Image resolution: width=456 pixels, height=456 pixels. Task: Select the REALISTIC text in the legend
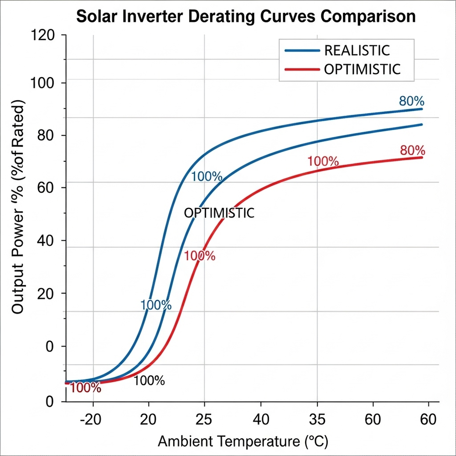pyautogui.click(x=357, y=50)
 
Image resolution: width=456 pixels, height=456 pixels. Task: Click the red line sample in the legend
pyautogui.click(x=301, y=69)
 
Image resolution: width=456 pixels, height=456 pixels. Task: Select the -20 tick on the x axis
pyautogui.click(x=93, y=419)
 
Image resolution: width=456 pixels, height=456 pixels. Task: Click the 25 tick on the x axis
pyautogui.click(x=204, y=419)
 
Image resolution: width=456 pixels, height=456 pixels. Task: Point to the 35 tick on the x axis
pyautogui.click(x=317, y=419)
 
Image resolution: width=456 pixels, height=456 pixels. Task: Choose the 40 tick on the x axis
pyautogui.click(x=260, y=419)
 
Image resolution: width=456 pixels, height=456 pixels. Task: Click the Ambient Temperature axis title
pyautogui.click(x=243, y=441)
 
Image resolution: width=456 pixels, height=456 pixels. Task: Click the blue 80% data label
pyautogui.click(x=412, y=101)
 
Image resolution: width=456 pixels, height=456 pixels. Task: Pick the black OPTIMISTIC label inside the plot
pyautogui.click(x=219, y=213)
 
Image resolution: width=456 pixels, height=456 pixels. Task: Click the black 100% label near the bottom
pyautogui.click(x=149, y=381)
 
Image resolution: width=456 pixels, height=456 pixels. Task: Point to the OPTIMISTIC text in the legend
pyautogui.click(x=362, y=69)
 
